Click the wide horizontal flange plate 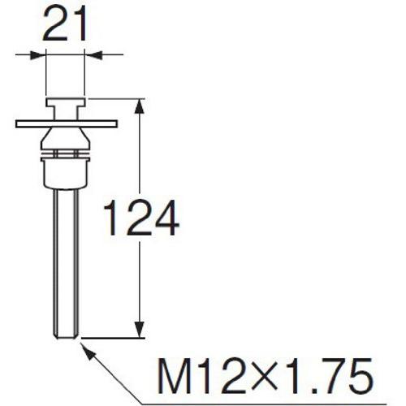[x=66, y=123]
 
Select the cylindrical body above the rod [x=66, y=171]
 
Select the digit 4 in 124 [x=162, y=219]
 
